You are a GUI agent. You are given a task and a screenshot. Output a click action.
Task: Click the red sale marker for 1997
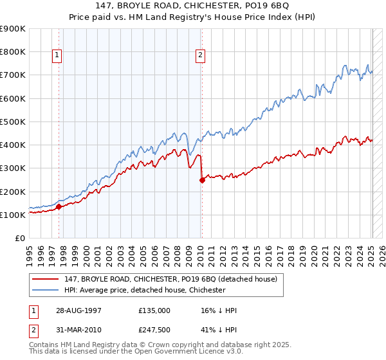pyautogui.click(x=59, y=206)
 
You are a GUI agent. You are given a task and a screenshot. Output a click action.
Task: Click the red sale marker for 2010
pyautogui.click(x=202, y=181)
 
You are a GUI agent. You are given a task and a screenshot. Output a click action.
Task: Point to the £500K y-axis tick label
pyautogui.click(x=13, y=122)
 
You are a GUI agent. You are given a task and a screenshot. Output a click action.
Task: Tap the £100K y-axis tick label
pyautogui.click(x=13, y=215)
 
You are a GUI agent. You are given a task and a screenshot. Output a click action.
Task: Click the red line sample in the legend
pyautogui.click(x=46, y=279)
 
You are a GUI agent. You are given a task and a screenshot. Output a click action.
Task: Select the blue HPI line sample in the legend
pyautogui.click(x=46, y=290)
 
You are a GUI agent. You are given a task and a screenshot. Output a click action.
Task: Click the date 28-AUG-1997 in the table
pyautogui.click(x=78, y=310)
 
